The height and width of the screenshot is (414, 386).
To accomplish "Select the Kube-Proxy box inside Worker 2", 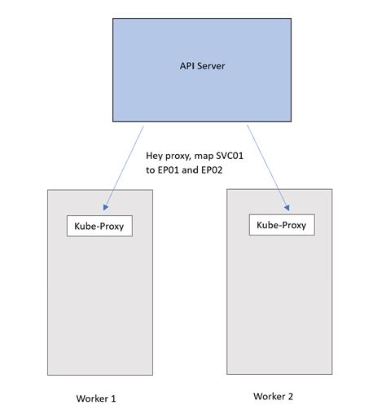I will (281, 225).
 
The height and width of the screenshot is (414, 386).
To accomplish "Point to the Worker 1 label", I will (95, 399).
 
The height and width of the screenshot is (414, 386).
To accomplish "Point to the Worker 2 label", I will (273, 396).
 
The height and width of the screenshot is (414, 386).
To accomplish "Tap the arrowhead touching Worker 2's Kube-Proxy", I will (287, 212).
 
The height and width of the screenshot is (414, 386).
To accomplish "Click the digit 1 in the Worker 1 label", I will (113, 399).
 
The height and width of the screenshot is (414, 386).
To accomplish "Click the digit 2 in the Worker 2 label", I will (290, 396).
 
